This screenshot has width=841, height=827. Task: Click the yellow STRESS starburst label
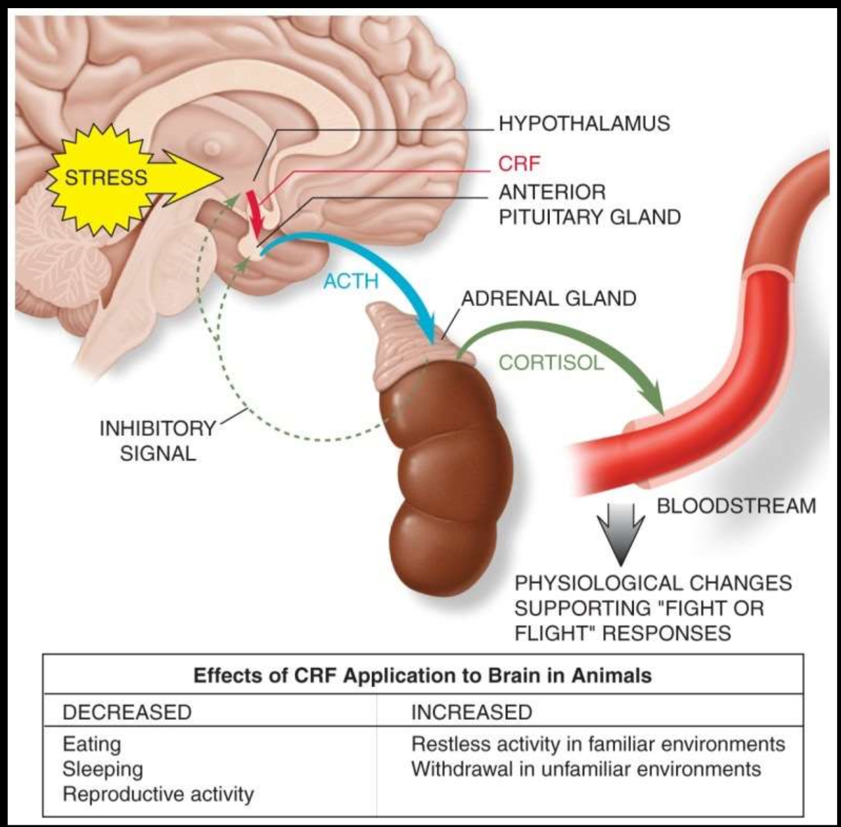106,177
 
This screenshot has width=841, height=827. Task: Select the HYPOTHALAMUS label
584,124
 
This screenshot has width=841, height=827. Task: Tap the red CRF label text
520,163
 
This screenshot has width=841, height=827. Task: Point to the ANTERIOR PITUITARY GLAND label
589,205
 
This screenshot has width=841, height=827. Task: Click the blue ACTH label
351,281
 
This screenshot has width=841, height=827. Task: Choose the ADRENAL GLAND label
548,298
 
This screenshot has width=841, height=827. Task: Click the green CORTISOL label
551,362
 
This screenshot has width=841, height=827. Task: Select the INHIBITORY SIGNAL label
158,441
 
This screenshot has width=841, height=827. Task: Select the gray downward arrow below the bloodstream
621,533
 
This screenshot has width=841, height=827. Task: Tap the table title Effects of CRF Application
423,675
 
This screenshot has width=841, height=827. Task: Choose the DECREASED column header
127,712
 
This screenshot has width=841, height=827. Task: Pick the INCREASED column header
472,712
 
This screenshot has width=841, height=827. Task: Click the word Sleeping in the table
103,769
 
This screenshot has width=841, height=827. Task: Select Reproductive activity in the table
158,794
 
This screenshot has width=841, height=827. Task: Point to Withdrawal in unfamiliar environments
586,769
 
